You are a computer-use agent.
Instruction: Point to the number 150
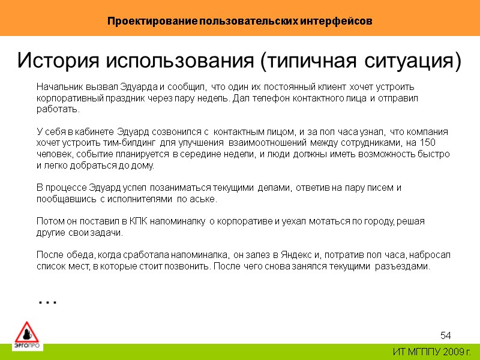pyautogui.click(x=428, y=142)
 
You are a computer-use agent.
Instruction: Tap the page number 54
pyautogui.click(x=445, y=334)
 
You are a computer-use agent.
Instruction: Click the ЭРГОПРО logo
pyautogui.click(x=26, y=336)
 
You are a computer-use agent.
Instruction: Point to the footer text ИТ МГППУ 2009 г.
pyautogui.click(x=432, y=351)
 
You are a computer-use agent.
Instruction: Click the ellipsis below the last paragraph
pyautogui.click(x=47, y=299)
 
